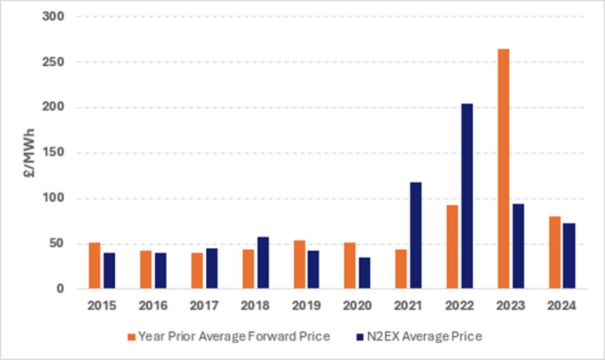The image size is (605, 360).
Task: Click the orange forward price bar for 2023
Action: [x=503, y=169]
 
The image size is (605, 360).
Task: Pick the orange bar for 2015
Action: [x=95, y=266]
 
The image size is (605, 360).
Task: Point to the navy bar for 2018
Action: [x=262, y=263]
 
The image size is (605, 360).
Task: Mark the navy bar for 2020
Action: [x=365, y=273]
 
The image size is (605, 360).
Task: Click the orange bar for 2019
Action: [x=299, y=265]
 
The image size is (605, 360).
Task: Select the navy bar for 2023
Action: [x=518, y=247]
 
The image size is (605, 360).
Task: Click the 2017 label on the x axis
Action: [x=204, y=306]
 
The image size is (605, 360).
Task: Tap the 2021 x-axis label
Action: [x=408, y=306]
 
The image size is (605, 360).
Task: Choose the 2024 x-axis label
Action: [x=561, y=306]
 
